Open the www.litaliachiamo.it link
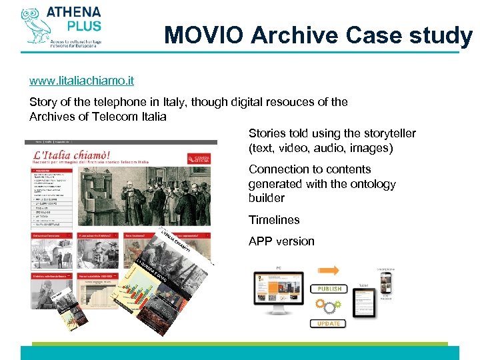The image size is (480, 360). pyautogui.click(x=81, y=81)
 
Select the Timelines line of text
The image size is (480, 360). pyautogui.click(x=274, y=219)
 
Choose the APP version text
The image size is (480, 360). pyautogui.click(x=281, y=241)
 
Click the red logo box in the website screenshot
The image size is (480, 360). pyautogui.click(x=195, y=155)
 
